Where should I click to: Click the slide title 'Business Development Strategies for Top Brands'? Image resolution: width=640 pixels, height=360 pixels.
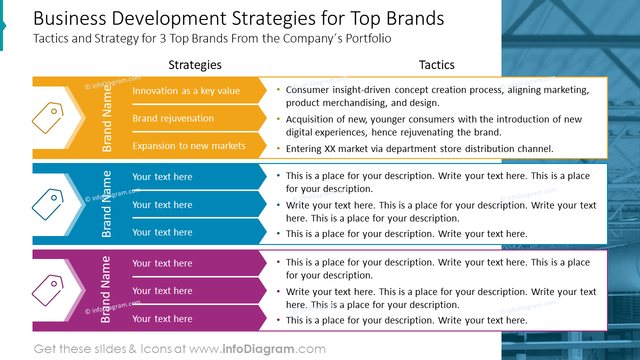(238, 18)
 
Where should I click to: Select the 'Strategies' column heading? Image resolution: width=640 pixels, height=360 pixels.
(194, 65)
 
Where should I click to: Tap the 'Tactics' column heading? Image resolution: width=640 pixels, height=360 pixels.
(436, 65)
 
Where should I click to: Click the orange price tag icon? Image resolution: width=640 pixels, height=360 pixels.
(47, 118)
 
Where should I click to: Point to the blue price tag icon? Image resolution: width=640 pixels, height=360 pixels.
(47, 204)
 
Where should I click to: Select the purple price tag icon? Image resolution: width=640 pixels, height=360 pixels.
(47, 290)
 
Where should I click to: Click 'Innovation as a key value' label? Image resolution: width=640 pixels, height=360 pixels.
(186, 91)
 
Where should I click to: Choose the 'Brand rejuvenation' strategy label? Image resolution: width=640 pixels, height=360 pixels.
(173, 118)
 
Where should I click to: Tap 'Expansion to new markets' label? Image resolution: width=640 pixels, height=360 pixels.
(188, 146)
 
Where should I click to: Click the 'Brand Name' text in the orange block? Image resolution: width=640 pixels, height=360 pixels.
(107, 118)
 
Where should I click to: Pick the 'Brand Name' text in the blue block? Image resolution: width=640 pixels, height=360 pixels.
(107, 204)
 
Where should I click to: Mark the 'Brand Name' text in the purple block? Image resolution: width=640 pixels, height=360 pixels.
(106, 290)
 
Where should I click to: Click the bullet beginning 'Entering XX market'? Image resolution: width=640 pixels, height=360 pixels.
(419, 148)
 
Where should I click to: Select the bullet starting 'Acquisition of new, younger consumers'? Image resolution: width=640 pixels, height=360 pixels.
(433, 126)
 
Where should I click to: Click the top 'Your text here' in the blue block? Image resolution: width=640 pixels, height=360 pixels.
(162, 177)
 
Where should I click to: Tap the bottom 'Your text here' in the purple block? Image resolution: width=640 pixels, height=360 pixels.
(162, 319)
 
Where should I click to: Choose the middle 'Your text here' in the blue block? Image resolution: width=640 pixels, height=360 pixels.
(162, 205)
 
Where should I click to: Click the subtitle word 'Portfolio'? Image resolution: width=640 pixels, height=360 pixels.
(366, 38)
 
